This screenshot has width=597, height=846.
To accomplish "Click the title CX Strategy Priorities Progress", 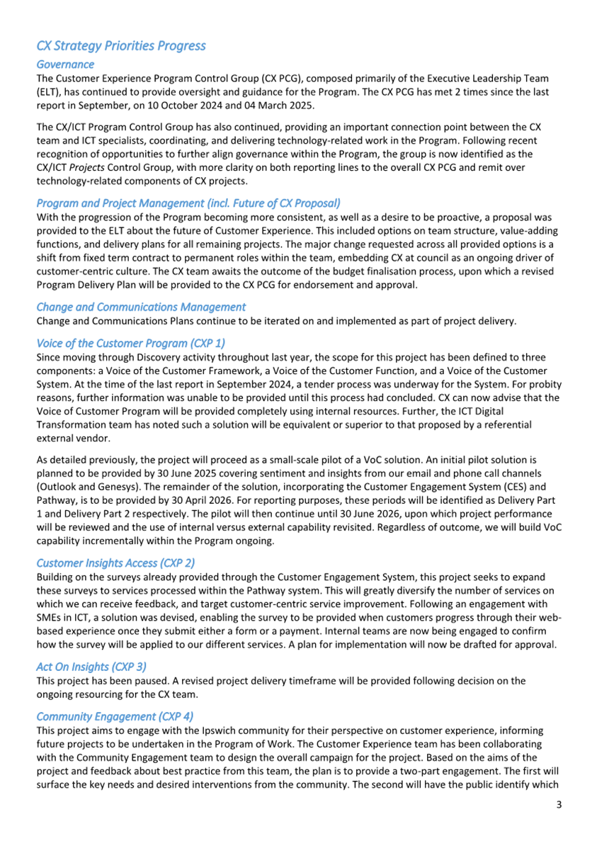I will (x=121, y=46).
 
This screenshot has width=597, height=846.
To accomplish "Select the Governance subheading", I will (x=65, y=64).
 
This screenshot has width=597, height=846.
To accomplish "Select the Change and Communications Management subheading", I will (x=141, y=307).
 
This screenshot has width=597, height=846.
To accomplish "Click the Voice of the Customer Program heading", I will (x=130, y=342).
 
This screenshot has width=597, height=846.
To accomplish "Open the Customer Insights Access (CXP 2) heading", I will (x=115, y=563).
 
